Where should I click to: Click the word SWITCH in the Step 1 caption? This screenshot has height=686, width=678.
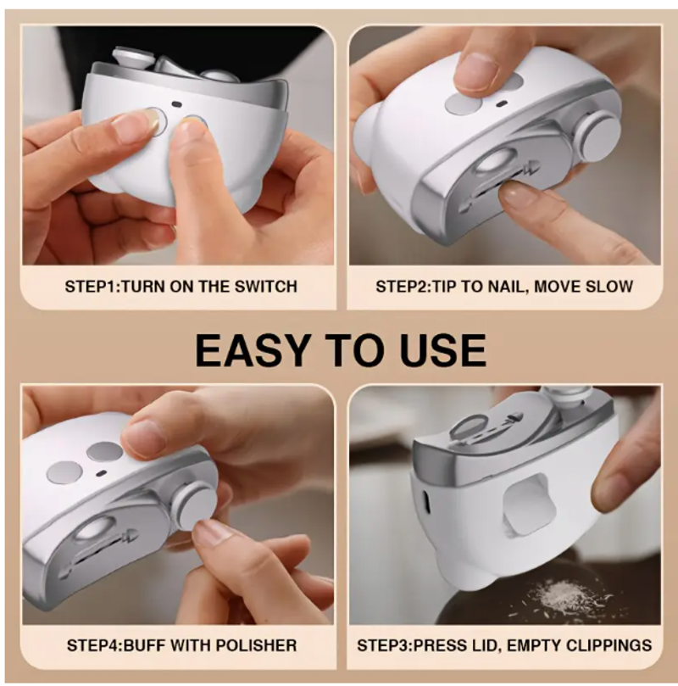coord(266,287)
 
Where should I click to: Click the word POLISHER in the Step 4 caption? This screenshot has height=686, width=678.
coord(256,645)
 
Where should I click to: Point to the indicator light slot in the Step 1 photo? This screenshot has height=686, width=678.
coord(176,104)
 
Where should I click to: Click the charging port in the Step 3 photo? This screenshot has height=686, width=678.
coord(425,502)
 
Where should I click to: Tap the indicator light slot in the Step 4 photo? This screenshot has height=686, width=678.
coord(102,473)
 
